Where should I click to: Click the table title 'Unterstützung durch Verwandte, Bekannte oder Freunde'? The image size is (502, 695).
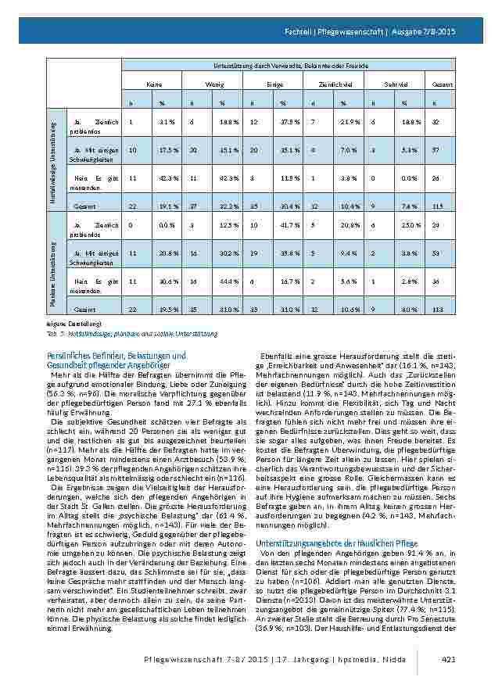click(x=264, y=65)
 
